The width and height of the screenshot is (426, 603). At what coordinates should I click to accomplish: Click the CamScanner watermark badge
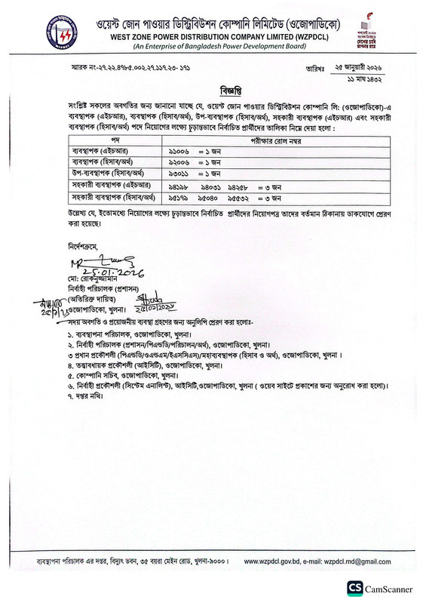pos(383,587)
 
